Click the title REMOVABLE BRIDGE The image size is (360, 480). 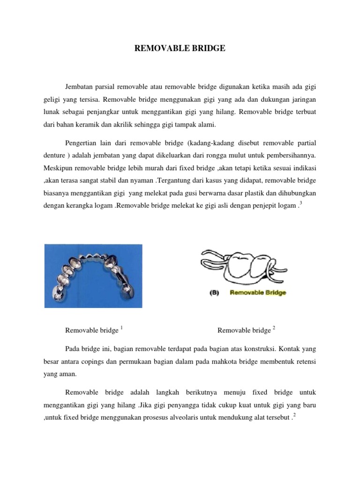point(180,48)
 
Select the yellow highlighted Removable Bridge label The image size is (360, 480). point(258,292)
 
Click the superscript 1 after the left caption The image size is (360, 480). point(121,328)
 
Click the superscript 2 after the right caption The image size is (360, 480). point(273,328)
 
